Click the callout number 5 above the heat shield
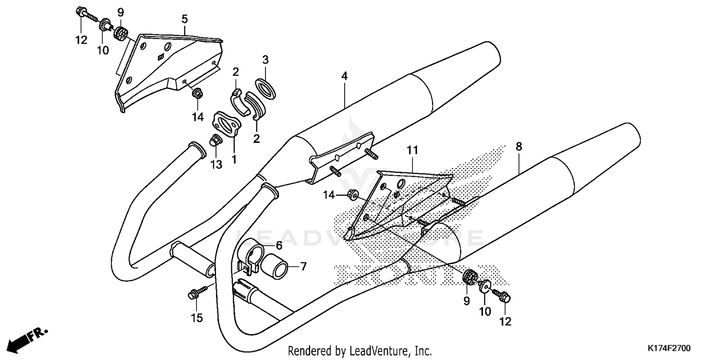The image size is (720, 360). point(184,19)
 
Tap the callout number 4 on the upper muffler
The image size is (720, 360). point(344,76)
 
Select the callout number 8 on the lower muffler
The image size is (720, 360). point(518,146)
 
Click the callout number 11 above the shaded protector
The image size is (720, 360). point(413,150)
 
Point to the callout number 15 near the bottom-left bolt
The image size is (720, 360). point(197,317)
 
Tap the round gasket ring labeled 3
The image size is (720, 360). point(265,89)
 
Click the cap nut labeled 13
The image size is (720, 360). point(215,141)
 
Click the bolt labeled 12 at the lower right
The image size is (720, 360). point(503,297)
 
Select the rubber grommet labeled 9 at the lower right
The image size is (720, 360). point(468,277)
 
